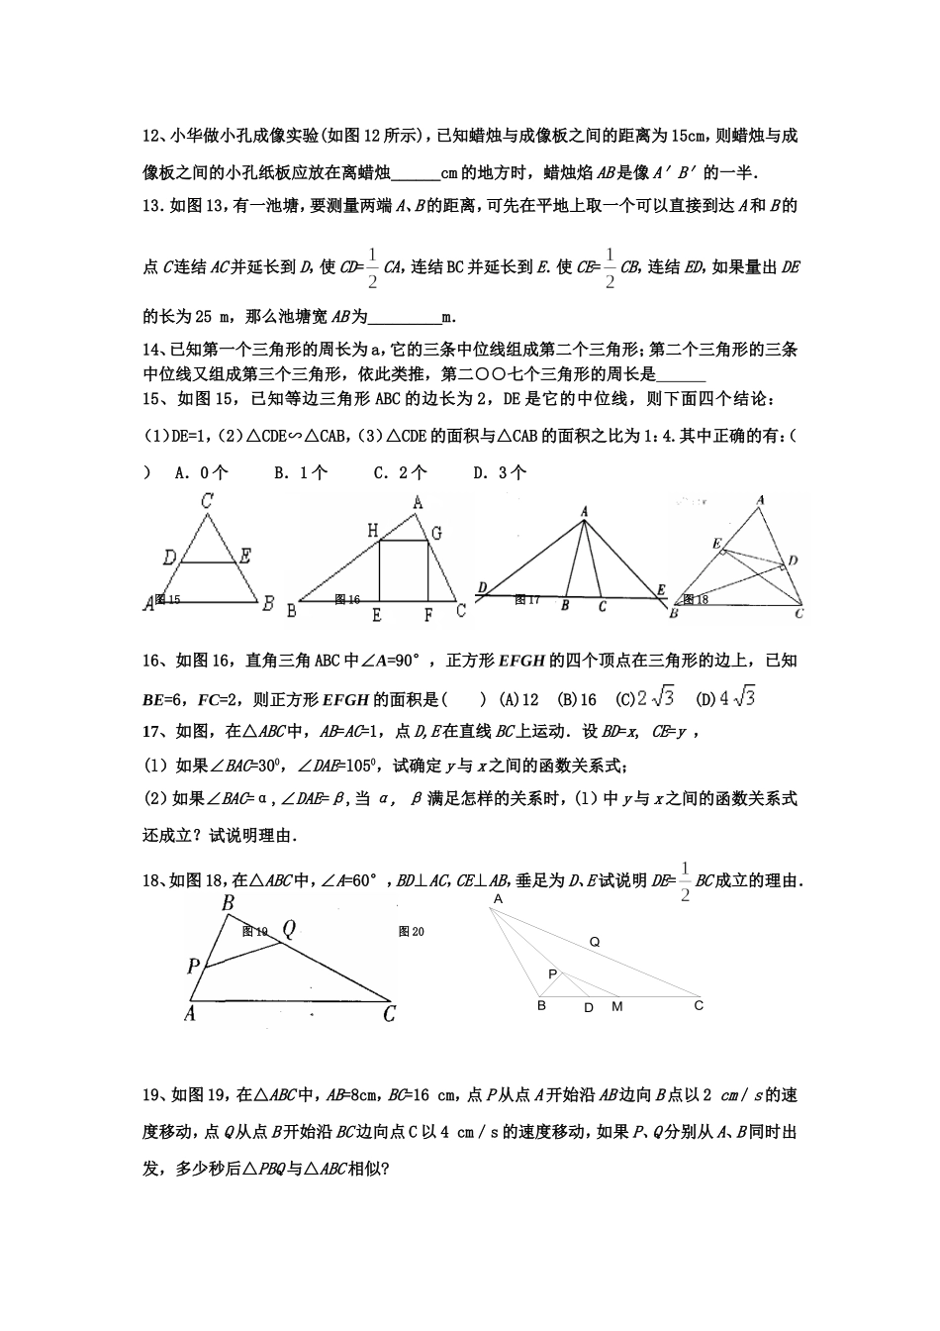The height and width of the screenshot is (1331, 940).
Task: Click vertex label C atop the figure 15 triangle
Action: click(x=207, y=501)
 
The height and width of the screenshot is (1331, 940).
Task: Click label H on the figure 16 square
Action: click(x=373, y=532)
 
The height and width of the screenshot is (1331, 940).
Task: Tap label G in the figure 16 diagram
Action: click(x=435, y=533)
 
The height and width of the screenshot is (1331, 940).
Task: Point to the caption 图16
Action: click(x=347, y=599)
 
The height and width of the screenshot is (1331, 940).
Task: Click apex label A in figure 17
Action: click(x=585, y=511)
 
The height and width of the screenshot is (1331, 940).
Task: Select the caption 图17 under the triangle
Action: click(x=527, y=599)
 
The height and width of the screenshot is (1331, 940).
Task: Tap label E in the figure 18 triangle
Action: click(x=716, y=545)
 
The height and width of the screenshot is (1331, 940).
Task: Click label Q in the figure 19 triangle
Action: click(x=289, y=929)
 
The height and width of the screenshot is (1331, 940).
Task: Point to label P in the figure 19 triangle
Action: click(x=194, y=966)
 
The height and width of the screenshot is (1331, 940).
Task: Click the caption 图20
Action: click(x=411, y=931)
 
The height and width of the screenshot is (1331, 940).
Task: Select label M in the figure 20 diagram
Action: click(x=617, y=1006)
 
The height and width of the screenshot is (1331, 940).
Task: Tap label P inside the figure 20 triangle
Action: click(x=553, y=973)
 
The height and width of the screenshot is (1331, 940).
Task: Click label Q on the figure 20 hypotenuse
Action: click(x=595, y=942)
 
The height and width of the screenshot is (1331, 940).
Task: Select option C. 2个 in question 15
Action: click(x=400, y=472)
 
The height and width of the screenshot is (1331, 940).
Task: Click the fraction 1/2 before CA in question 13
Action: click(x=372, y=267)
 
